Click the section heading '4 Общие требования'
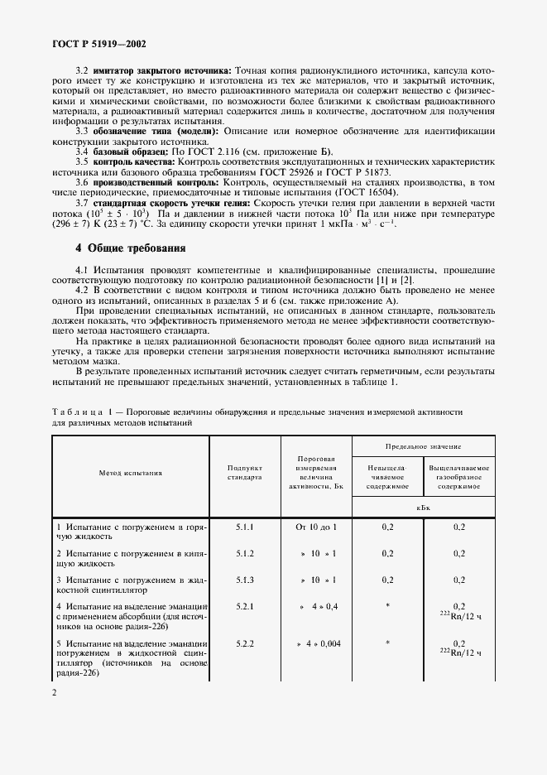(x=131, y=248)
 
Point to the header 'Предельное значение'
(x=424, y=445)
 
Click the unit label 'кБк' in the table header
(x=424, y=507)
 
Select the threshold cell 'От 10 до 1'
(x=316, y=527)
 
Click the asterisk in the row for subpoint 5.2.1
(x=387, y=607)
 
